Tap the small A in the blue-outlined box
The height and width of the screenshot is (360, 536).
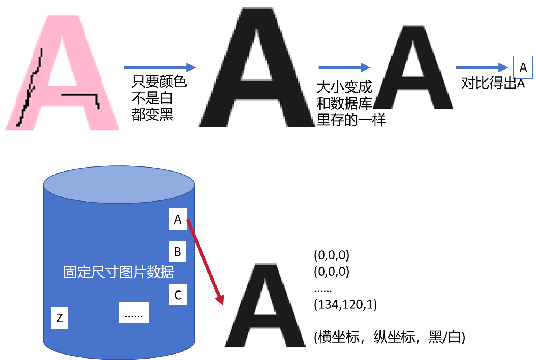coord(523,67)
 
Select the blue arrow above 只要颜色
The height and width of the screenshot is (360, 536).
coord(160,67)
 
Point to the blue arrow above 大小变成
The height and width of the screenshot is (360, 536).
coord(344,67)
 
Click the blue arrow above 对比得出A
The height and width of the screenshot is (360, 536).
coord(482,67)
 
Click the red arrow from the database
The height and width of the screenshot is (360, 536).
coord(205,262)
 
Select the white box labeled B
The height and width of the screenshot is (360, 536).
coord(177,251)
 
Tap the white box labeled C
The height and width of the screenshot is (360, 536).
coord(177,295)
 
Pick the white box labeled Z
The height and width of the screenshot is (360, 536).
coord(60,318)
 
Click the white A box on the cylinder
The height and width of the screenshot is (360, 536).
coord(177,219)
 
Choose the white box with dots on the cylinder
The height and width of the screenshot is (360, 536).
coord(134,312)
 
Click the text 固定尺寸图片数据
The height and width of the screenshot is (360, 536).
coord(119,272)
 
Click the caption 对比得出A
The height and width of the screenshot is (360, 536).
coord(493,83)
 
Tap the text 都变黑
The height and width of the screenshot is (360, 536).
coord(152,115)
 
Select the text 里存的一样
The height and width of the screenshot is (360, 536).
coord(351,120)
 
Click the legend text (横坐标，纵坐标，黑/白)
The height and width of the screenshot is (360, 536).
coord(389,337)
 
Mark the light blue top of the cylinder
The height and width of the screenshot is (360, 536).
coord(119,185)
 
